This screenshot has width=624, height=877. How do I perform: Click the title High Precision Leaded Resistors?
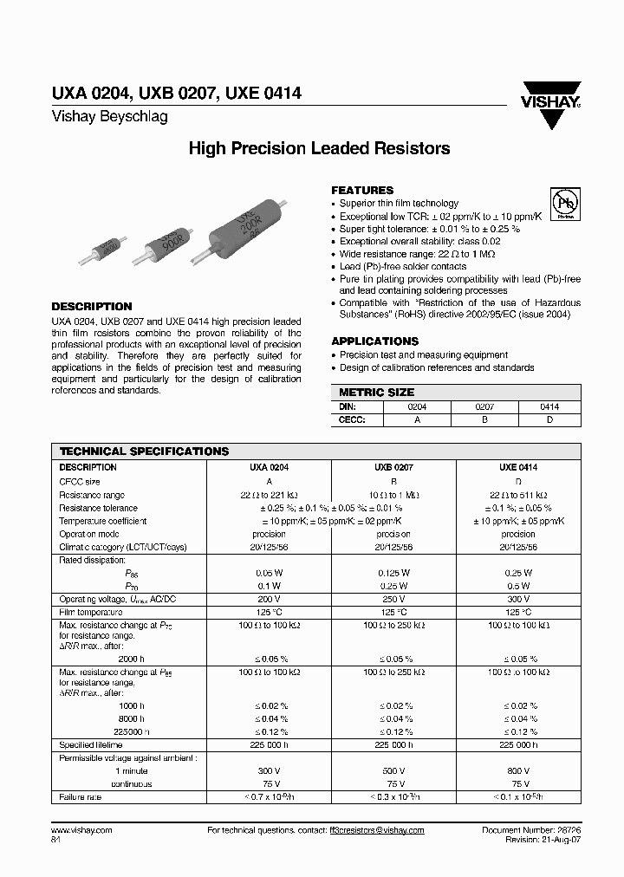coord(319,148)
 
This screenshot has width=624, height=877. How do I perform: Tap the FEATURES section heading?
coord(362,190)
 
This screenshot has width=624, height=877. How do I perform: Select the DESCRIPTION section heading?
coord(92,307)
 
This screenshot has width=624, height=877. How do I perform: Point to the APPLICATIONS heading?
coord(374,341)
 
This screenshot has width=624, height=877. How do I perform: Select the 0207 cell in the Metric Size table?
coord(484,406)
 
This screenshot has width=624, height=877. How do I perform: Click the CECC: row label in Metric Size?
coord(349,419)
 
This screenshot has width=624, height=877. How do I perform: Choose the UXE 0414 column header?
coord(518,467)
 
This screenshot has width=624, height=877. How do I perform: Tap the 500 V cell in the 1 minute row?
coord(393,770)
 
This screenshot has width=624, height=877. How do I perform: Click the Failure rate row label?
coord(81,796)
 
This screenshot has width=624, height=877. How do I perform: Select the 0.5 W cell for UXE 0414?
coord(518,586)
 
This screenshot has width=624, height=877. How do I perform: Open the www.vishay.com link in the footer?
coord(81,829)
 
